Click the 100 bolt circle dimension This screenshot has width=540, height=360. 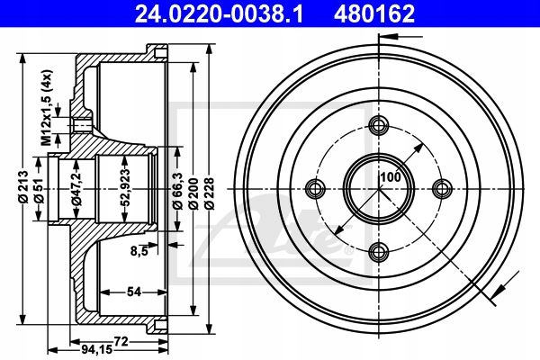pos(389,176)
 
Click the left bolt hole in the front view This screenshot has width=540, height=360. pos(315,188)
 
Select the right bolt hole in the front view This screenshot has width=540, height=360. pos(441,188)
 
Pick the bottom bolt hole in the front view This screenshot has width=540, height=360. pos(378,251)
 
